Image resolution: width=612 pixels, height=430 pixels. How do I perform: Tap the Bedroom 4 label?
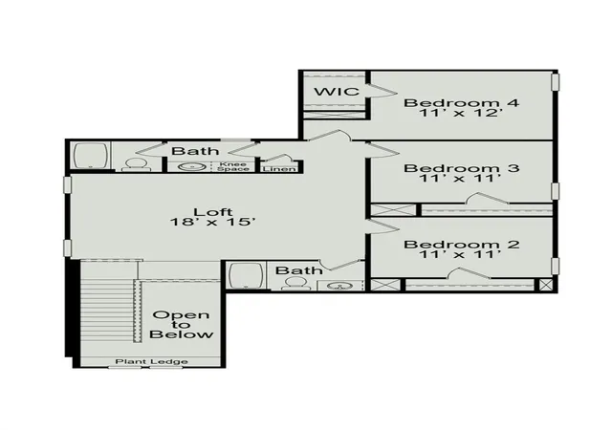pyautogui.click(x=461, y=103)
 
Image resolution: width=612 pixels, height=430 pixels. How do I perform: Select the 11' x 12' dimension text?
pyautogui.click(x=460, y=113)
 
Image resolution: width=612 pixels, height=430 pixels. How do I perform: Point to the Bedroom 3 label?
pyautogui.click(x=461, y=168)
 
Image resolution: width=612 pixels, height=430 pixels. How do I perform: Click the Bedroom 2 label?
pyautogui.click(x=461, y=245)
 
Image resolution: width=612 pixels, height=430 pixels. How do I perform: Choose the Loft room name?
pyautogui.click(x=213, y=212)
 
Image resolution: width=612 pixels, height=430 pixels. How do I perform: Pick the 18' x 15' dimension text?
pyautogui.click(x=213, y=222)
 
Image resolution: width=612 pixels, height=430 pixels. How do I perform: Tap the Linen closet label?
pyautogui.click(x=279, y=169)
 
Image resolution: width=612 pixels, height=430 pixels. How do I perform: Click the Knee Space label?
pyautogui.click(x=233, y=166)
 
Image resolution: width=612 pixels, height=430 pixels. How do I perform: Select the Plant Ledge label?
pyautogui.click(x=151, y=362)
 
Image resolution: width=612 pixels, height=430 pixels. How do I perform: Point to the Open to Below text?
pyautogui.click(x=182, y=325)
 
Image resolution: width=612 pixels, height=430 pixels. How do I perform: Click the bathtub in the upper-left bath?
pyautogui.click(x=91, y=156)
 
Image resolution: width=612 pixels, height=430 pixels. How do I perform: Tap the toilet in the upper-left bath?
pyautogui.click(x=136, y=164)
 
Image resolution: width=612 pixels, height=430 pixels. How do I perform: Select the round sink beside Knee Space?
pyautogui.click(x=192, y=167)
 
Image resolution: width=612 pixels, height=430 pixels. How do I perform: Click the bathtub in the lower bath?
pyautogui.click(x=246, y=275)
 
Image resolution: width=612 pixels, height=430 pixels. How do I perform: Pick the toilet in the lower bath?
pyautogui.click(x=295, y=284)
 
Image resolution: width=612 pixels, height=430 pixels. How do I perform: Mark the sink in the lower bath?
pyautogui.click(x=340, y=286)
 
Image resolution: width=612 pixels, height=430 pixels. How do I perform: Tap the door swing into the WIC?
pyautogui.click(x=382, y=90)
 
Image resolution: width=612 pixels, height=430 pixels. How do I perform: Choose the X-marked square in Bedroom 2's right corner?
pyautogui.click(x=546, y=284)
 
